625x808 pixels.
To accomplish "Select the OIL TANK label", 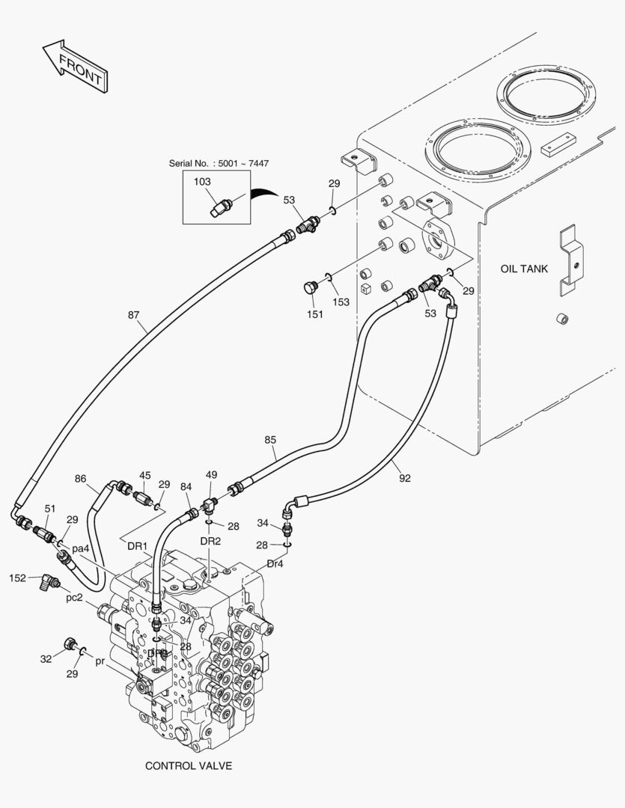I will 524,268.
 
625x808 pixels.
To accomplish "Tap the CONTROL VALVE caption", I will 188,765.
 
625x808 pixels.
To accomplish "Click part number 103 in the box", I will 202,182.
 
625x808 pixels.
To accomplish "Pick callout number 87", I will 133,315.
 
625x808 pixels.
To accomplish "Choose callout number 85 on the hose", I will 270,441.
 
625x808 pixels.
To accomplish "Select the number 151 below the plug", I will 314,314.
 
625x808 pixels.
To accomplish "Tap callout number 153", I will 341,302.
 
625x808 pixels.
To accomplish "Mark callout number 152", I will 17,578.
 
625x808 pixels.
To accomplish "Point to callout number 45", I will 144,475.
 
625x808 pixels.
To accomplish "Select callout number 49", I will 212,475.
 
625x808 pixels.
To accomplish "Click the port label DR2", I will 210,540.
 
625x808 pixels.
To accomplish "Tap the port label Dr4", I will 275,563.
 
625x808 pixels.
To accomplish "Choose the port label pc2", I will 73,597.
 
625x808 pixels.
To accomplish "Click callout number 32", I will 45,659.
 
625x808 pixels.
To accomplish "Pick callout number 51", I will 49,509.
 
